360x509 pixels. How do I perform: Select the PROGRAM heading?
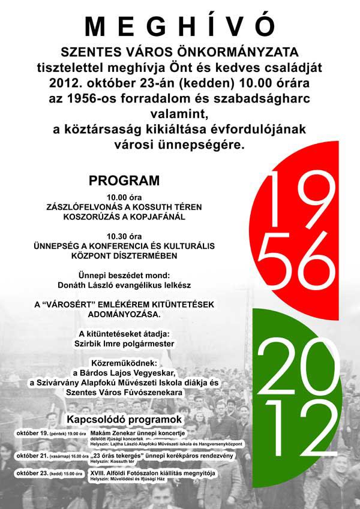pos(124,180)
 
